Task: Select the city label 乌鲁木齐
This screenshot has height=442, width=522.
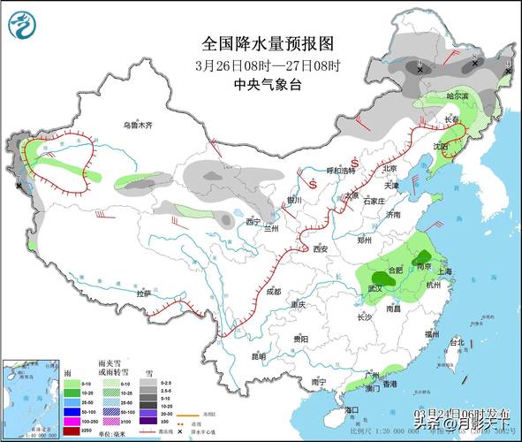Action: point(138,126)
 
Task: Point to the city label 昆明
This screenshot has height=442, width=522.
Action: point(258,357)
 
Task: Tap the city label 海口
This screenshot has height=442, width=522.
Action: point(352,410)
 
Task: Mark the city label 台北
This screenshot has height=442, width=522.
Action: point(457,342)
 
